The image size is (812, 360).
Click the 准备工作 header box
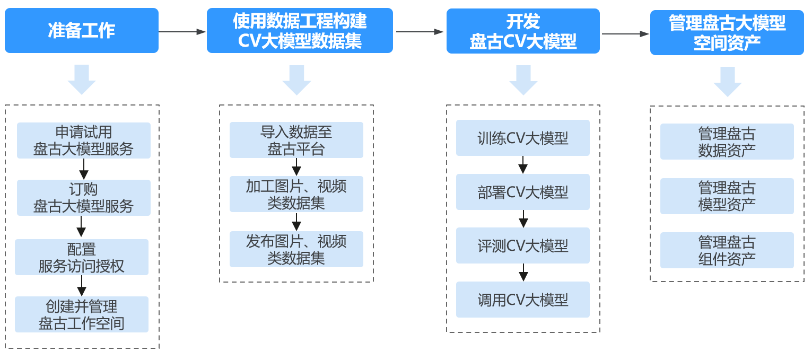pos(82,31)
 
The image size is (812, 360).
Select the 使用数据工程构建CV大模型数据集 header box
pos(300,31)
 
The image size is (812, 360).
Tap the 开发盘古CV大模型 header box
pos(523,31)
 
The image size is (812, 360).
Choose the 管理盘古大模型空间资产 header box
pos(727,32)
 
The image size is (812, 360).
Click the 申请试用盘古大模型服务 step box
pos(84,141)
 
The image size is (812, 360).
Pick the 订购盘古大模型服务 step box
pos(84,198)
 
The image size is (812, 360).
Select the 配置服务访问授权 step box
pos(82,257)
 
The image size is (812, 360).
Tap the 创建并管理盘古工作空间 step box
pos(82,314)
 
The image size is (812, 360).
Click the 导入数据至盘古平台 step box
pos(296,140)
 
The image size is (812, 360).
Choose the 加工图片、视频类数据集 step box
pos(296,194)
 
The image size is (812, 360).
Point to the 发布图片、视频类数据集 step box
pos(296,249)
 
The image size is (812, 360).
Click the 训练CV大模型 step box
pos(523,138)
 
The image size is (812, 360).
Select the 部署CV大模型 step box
pos(523,192)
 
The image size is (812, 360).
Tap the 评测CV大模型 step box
pos(523,245)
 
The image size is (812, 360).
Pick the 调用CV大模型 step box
pos(523,300)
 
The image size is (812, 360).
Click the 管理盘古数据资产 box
pos(727,142)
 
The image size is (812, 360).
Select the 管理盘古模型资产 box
pos(727,196)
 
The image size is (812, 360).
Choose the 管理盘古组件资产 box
pos(727,250)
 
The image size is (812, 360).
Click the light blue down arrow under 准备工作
pos(82,79)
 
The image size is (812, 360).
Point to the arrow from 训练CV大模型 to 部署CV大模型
pos(523,165)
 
